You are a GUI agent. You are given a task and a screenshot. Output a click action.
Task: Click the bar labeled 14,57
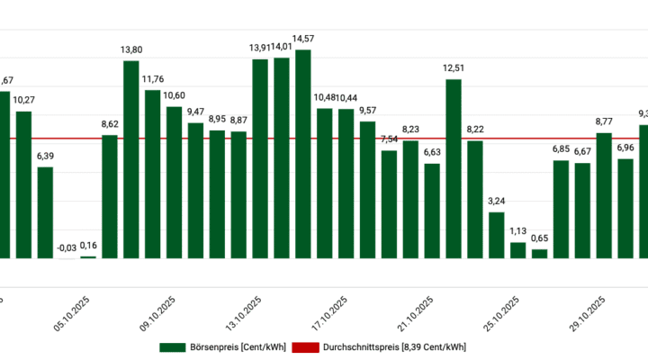pos(302,154)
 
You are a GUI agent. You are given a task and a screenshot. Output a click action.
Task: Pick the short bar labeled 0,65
pos(539,254)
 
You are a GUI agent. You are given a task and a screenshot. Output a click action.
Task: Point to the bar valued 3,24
pos(496,235)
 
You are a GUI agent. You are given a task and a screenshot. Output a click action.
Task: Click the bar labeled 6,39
pos(45,212)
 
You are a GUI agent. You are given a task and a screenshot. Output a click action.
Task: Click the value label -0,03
pos(67,247)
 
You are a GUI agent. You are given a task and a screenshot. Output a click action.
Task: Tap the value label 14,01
pos(282,47)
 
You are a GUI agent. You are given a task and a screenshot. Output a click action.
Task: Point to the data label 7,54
pos(389,139)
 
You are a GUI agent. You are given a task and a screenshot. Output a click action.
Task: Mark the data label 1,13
pos(517,231)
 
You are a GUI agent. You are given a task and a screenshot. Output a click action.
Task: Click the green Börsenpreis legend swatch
pos(172,346)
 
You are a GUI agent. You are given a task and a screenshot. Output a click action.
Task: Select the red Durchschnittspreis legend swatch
pos(307,346)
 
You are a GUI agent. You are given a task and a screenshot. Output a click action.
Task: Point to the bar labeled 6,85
pos(561,210)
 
